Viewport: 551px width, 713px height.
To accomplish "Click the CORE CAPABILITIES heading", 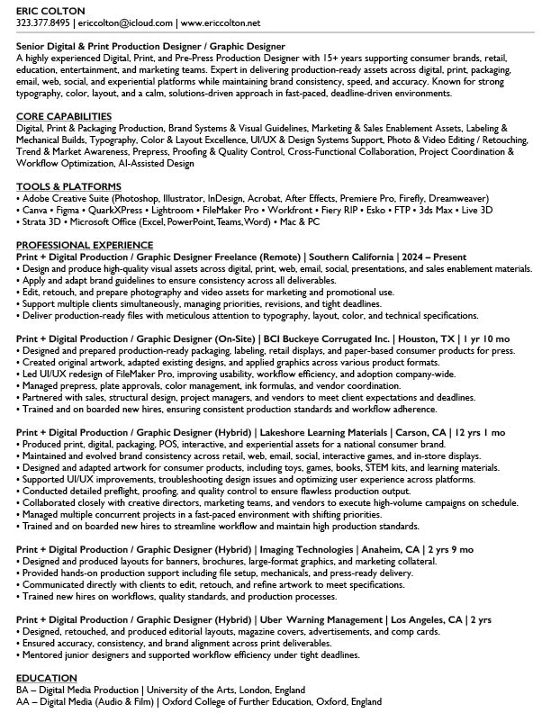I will [64, 117].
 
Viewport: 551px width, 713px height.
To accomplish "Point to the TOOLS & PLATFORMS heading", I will [68, 186].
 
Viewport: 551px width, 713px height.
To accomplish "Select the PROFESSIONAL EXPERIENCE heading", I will [85, 245].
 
